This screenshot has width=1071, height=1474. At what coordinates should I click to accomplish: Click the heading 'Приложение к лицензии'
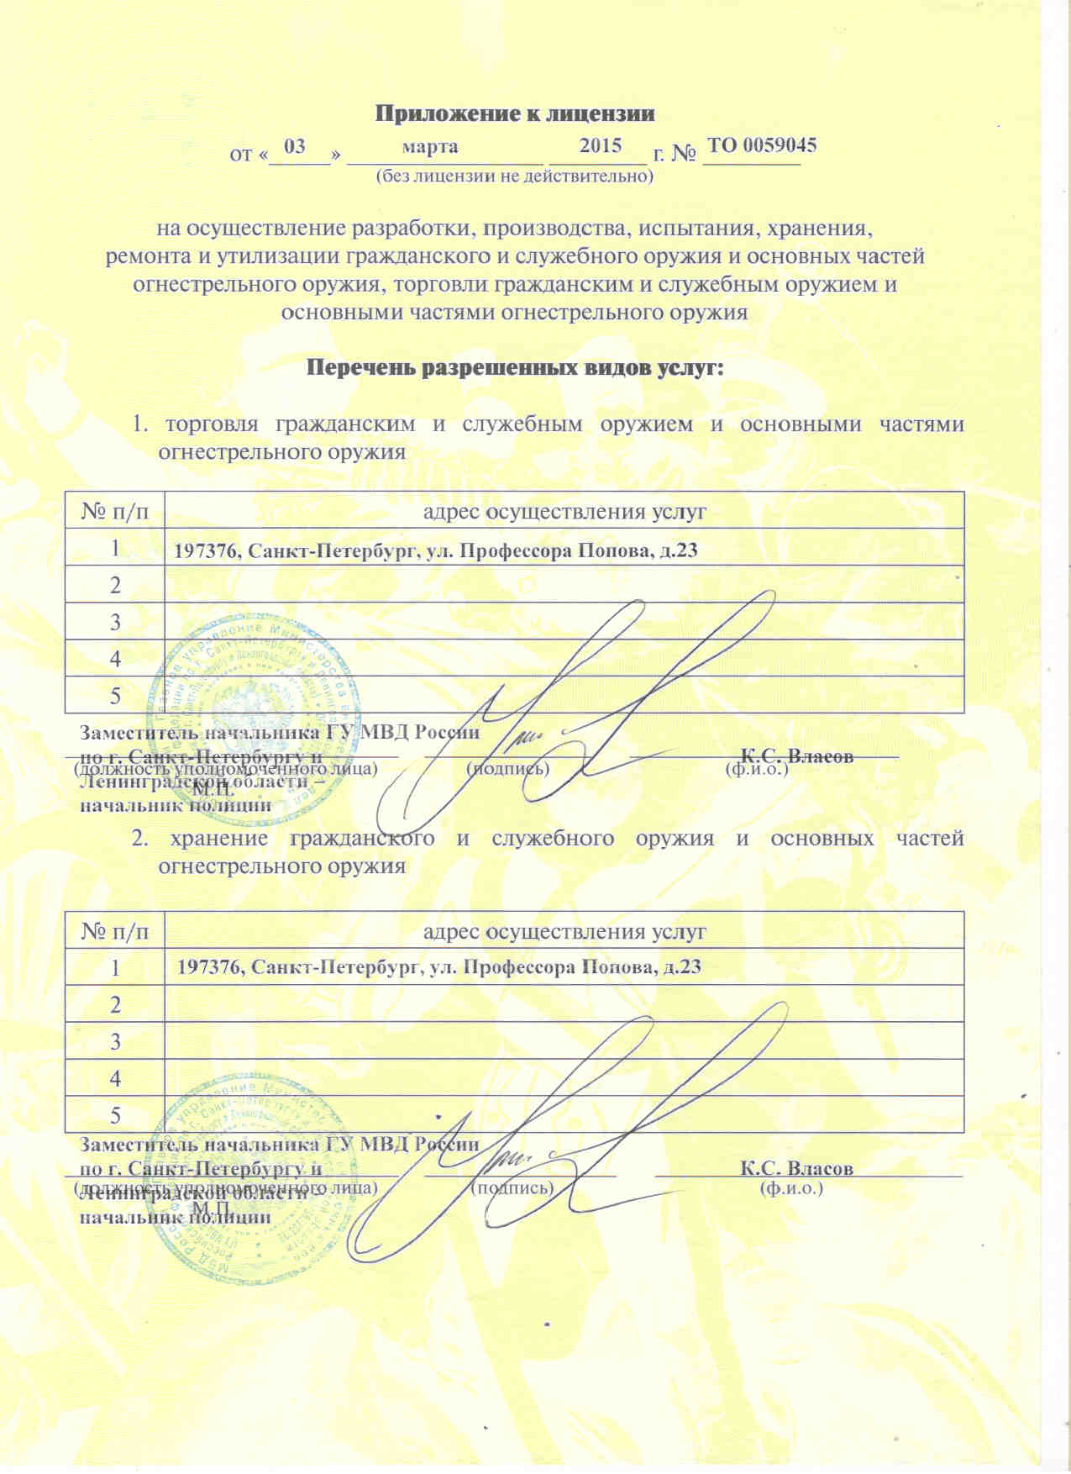coord(514,113)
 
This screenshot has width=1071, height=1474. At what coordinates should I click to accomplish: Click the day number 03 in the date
coord(295,146)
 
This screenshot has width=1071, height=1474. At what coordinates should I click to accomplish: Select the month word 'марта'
coord(431,146)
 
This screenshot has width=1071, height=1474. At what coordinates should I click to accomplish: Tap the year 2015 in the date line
coord(601,145)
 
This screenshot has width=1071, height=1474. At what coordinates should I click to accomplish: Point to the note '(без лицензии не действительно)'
coord(514,176)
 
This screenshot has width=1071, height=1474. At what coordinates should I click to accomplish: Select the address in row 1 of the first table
coord(436,551)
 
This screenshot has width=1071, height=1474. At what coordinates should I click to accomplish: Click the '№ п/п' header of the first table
coord(115,511)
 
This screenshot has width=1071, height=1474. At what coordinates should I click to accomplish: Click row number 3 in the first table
coord(115,622)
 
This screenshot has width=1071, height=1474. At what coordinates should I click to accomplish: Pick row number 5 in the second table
coord(115,1115)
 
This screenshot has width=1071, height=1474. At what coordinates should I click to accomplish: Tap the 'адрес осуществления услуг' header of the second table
coord(564,931)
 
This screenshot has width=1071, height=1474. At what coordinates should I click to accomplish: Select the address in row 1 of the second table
coord(438,967)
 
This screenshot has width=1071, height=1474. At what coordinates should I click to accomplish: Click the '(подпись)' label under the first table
coord(508,768)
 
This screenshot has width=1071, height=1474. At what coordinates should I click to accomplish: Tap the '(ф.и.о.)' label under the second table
coord(790,1188)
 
